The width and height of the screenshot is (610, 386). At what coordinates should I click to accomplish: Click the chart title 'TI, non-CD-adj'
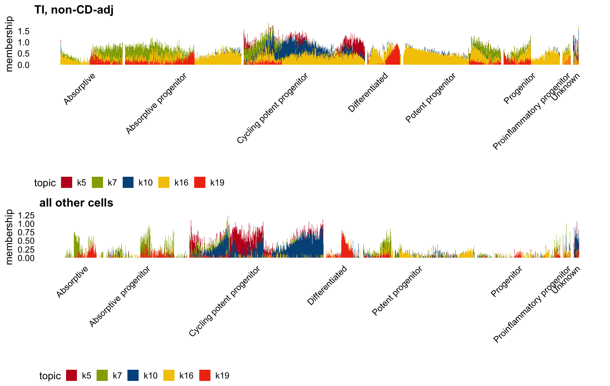click(x=74, y=10)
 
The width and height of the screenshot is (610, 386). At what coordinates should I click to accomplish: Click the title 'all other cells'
click(x=76, y=203)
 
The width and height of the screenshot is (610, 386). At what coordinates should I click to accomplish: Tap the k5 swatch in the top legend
click(x=67, y=183)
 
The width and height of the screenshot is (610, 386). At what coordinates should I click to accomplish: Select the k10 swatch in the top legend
click(x=128, y=183)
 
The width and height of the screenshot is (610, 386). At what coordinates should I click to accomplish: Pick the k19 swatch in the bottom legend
click(x=205, y=376)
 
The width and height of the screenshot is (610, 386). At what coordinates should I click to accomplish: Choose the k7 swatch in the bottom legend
click(x=102, y=376)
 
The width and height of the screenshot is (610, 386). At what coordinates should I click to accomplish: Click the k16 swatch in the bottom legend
click(x=169, y=376)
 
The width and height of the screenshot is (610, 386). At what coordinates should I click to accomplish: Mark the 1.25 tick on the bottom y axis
click(x=26, y=215)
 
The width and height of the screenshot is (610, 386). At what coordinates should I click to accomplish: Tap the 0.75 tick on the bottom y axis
click(x=26, y=232)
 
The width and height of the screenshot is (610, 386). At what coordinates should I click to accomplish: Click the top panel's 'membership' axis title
click(x=9, y=44)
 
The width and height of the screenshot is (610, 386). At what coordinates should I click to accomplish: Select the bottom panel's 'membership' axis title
click(x=9, y=237)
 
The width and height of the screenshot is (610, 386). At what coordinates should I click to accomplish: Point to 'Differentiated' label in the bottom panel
click(x=327, y=285)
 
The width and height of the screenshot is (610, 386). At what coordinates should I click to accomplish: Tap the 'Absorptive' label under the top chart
click(x=79, y=89)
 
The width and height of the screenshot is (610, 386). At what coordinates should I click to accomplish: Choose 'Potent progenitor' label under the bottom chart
click(x=397, y=291)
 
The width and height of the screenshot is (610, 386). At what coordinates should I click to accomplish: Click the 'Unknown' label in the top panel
click(x=566, y=87)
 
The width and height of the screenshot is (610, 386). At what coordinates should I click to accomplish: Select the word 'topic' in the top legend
click(x=45, y=183)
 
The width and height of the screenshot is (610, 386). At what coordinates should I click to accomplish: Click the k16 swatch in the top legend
click(x=164, y=183)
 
